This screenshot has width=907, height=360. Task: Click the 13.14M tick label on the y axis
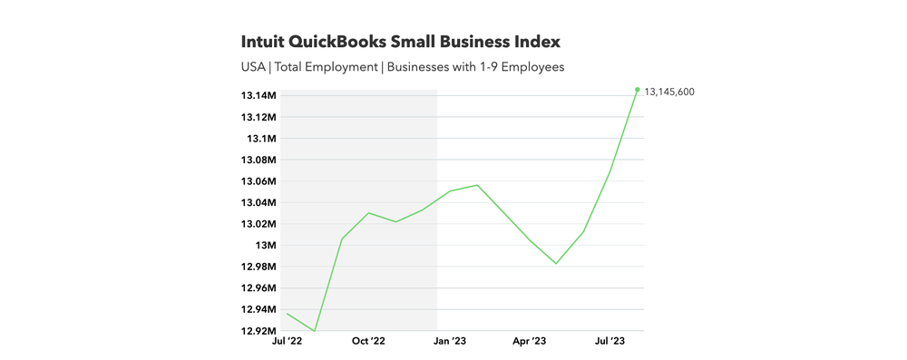258,96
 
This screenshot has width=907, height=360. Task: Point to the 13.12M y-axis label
258,117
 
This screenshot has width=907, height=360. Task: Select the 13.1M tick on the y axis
260,139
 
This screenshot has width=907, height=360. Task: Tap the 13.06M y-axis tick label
258,181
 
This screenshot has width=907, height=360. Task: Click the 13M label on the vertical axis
265,246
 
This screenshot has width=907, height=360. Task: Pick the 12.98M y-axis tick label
258,267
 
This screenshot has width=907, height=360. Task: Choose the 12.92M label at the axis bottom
258,331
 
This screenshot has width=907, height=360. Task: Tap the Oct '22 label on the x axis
368,342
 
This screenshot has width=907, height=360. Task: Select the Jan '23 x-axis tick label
450,342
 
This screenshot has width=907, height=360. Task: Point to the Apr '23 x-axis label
530,342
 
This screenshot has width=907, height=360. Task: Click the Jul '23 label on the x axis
609,342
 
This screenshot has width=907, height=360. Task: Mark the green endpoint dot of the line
638,90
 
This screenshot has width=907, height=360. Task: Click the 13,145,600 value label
670,92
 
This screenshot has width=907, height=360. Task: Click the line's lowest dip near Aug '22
315,331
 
